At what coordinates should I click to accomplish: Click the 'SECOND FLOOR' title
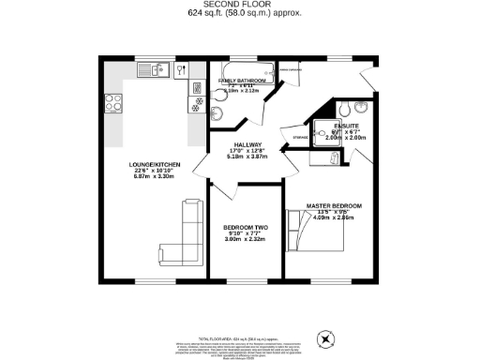pos(239,5)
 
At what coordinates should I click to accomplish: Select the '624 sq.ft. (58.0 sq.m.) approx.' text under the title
pos(239,15)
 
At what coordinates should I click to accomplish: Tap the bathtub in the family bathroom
pos(245,69)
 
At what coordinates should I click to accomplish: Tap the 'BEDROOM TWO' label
pos(245,228)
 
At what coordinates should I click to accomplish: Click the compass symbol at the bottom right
pos(327,338)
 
